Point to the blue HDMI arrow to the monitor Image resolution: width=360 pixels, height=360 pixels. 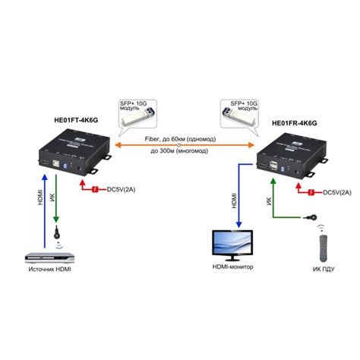click(240, 197)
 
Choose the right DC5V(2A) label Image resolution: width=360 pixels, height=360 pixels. click(339, 192)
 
